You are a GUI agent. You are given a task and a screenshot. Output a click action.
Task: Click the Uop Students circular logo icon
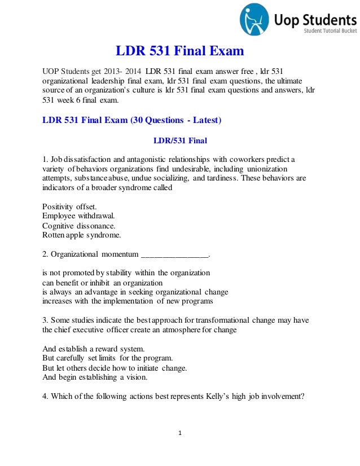click(x=254, y=19)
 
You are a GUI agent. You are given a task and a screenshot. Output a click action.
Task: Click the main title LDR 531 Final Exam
click(x=180, y=52)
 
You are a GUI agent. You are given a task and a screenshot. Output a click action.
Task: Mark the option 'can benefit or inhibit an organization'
click(x=103, y=282)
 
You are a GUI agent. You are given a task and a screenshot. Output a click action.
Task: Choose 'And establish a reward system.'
click(x=94, y=349)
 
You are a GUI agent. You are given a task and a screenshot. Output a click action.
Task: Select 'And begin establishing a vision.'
click(x=95, y=377)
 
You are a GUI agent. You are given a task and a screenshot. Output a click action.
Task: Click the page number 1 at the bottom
click(x=179, y=433)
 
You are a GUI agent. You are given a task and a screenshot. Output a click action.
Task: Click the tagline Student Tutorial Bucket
click(x=328, y=30)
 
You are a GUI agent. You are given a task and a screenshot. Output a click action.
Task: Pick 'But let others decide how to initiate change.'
click(x=115, y=368)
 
